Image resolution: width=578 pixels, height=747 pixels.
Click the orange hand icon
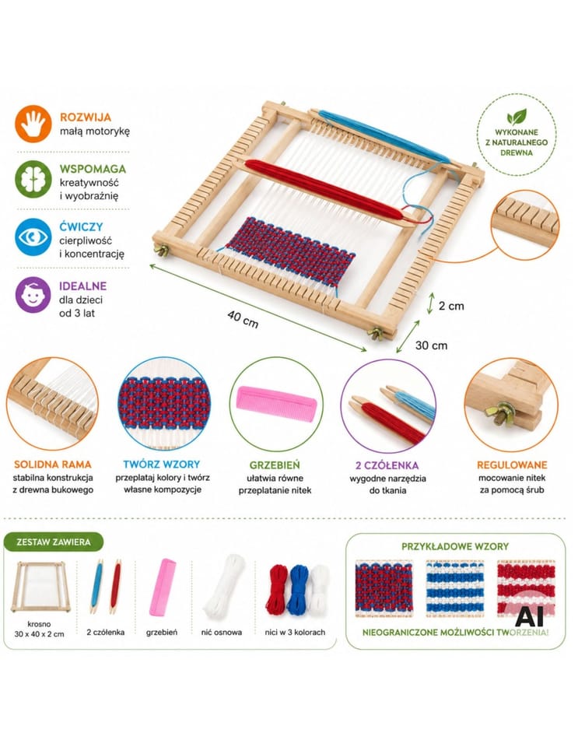click(33, 124)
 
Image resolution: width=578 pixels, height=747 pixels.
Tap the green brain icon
click(33, 180)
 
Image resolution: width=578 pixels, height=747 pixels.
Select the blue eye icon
click(33, 237)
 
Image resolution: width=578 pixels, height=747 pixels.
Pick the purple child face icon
click(33, 295)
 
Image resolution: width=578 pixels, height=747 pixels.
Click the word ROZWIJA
click(86, 117)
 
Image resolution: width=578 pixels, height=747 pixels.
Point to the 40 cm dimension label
click(243, 319)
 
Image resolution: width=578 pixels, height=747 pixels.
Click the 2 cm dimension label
click(451, 306)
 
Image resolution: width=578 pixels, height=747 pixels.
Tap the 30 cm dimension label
click(431, 345)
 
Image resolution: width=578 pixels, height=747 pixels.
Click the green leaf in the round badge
click(517, 117)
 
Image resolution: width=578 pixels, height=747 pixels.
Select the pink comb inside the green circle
click(276, 404)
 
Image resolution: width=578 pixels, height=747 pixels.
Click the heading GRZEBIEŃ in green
click(275, 465)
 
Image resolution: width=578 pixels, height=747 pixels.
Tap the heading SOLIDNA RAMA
click(53, 465)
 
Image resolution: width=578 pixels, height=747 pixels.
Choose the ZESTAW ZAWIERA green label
click(54, 542)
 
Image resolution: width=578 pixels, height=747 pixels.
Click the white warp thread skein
click(224, 585)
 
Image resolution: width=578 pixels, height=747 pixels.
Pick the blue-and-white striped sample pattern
click(454, 588)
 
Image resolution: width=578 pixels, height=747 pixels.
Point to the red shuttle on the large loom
click(328, 191)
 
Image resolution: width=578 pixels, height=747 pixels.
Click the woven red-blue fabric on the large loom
click(290, 251)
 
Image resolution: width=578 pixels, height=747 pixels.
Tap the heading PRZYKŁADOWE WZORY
click(455, 546)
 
